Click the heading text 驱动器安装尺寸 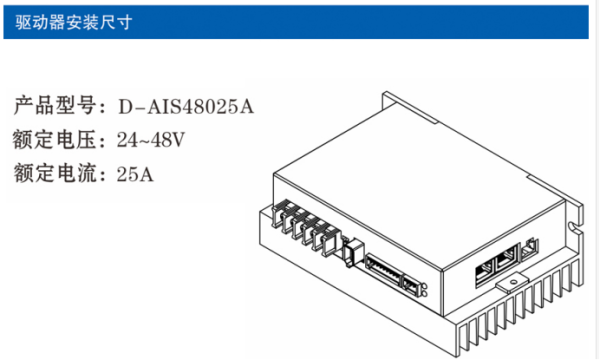point(74,22)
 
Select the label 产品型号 point(55,106)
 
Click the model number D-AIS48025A point(186,106)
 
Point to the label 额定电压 point(54,139)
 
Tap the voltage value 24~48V point(151,140)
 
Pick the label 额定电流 point(55,173)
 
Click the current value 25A point(135,174)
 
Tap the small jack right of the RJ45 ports point(530,248)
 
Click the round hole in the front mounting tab point(514,282)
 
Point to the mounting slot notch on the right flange point(573,227)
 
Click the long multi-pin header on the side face point(383,270)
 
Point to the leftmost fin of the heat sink point(463,340)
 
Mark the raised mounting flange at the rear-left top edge point(410,107)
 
